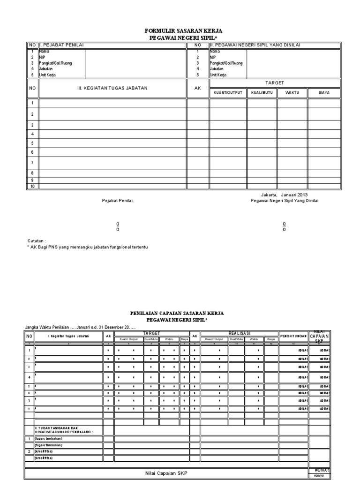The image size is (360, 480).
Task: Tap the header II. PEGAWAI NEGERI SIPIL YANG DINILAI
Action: coord(255,45)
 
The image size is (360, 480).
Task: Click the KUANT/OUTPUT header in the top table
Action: coord(228,92)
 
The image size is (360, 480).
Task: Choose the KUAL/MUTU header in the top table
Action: coord(262,92)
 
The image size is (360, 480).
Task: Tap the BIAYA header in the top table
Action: coord(323,92)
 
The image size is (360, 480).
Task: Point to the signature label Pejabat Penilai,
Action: coord(118,201)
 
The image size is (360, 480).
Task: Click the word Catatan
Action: coord(37,240)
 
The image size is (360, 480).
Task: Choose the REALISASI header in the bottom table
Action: coord(238,333)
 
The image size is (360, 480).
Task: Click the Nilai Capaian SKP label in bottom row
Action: coord(166,473)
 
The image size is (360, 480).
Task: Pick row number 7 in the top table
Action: coord(32,162)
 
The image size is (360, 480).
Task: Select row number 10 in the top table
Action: coord(32,186)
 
